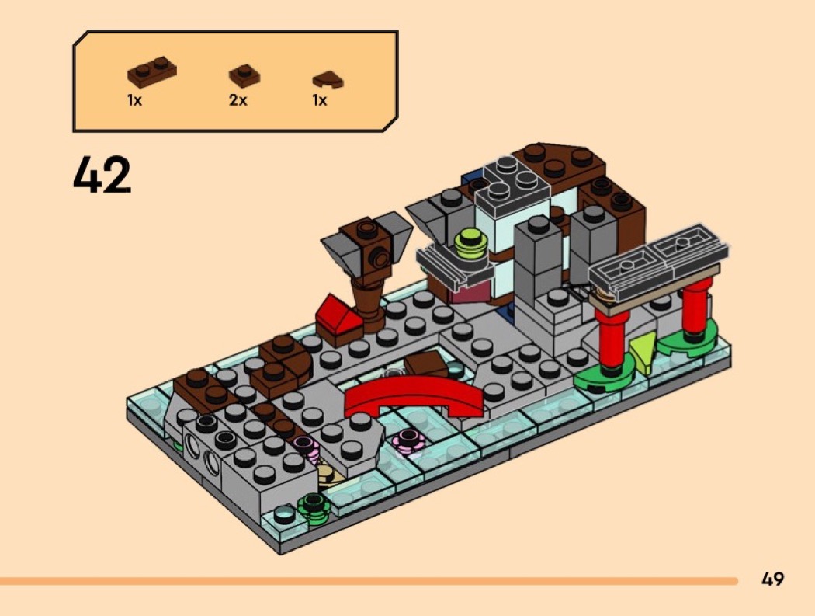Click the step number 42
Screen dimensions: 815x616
click(x=102, y=175)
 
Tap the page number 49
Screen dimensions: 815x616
click(x=772, y=579)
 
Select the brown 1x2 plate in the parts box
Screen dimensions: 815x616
click(x=152, y=70)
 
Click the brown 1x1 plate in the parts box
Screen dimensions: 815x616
click(x=244, y=76)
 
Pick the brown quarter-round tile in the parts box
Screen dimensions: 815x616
click(x=328, y=80)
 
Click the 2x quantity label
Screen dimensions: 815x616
click(x=238, y=100)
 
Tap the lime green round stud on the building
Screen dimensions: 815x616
click(x=470, y=244)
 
